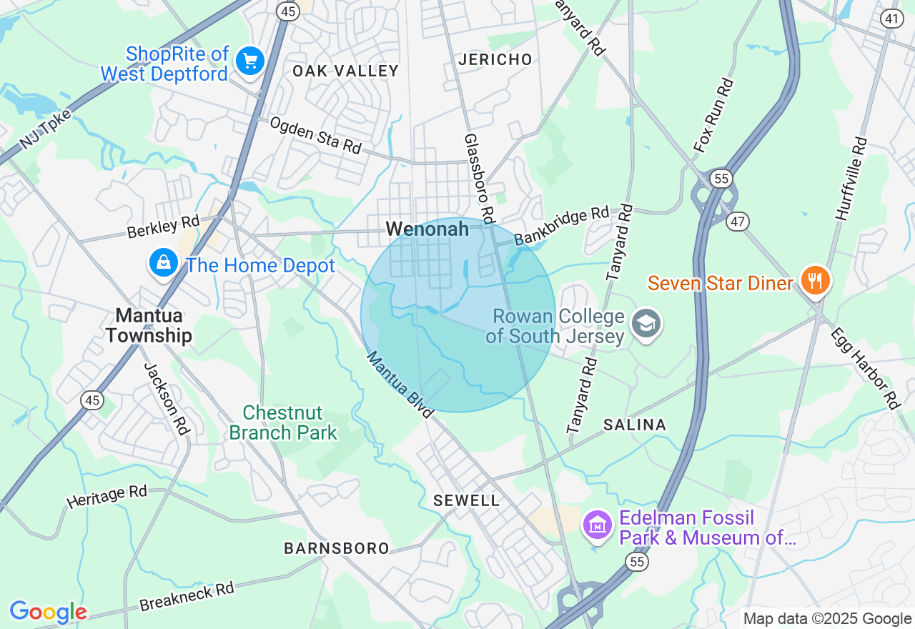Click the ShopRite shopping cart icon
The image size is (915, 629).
(250, 60)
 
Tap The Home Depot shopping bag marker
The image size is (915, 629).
(164, 262)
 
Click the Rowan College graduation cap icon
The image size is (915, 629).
(646, 324)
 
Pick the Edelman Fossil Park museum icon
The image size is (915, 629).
(597, 525)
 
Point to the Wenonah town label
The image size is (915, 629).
(427, 229)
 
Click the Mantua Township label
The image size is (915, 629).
(149, 325)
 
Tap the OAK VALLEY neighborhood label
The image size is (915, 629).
(345, 71)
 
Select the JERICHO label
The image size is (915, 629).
(495, 59)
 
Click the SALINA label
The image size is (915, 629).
(635, 425)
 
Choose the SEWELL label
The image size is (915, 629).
(467, 500)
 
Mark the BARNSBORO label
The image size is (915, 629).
(337, 548)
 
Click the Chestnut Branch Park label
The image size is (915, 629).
(283, 422)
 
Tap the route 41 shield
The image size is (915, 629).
(891, 19)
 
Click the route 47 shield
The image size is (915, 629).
(737, 222)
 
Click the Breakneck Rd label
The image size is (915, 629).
(187, 596)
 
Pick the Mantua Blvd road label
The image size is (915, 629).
(400, 385)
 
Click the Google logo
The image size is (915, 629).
(48, 612)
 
